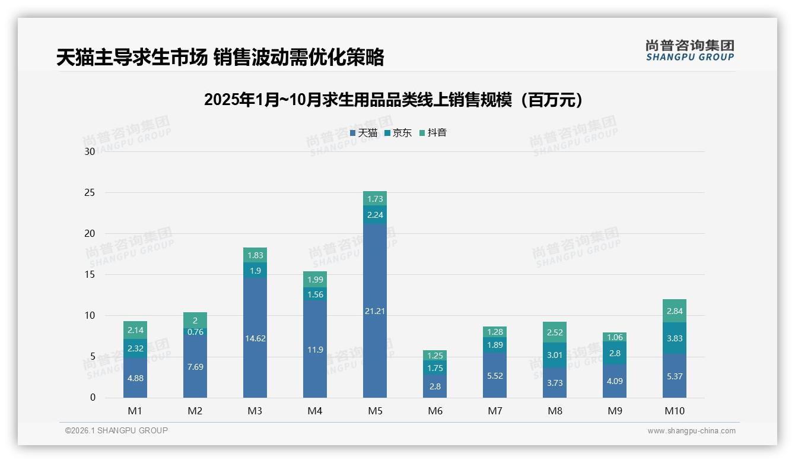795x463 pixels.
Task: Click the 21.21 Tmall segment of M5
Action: point(374,310)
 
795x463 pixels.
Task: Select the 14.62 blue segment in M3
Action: point(255,338)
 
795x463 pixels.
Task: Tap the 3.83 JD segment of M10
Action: point(675,338)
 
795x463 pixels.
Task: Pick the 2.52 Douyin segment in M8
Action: point(555,332)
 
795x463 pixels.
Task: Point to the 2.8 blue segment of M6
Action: point(435,386)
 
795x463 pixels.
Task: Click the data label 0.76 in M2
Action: point(195,332)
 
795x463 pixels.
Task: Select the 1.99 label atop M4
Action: point(315,280)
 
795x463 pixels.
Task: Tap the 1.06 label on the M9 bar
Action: point(615,337)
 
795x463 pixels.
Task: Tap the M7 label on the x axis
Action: point(495,411)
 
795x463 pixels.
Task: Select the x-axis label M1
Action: point(135,411)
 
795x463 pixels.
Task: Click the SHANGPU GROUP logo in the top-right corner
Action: point(689,50)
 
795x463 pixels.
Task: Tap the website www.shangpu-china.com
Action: point(691,431)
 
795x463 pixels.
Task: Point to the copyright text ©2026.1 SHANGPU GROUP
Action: point(116,430)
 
